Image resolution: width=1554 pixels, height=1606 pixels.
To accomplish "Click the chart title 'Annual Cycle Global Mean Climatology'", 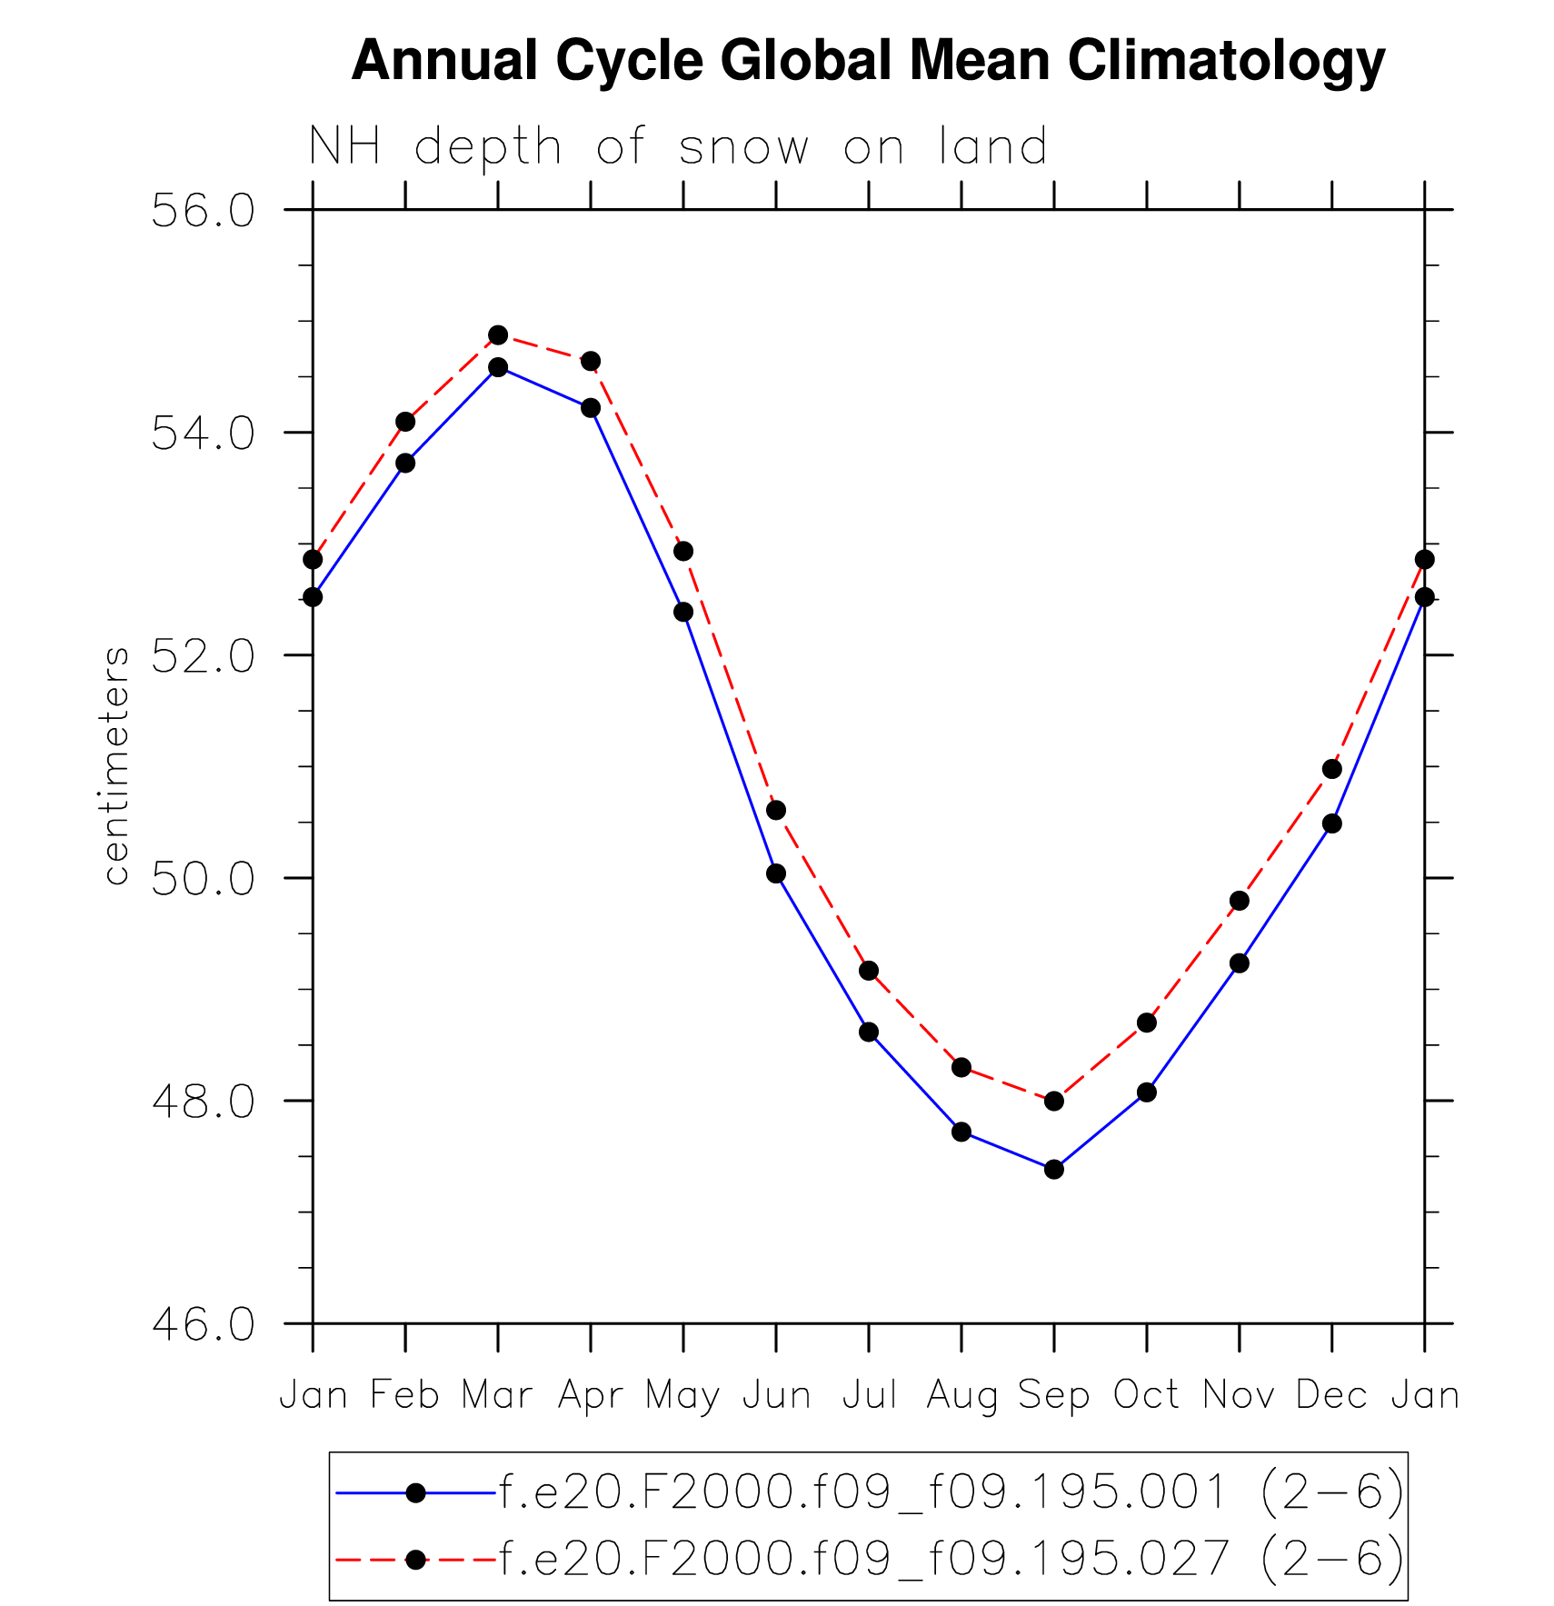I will [868, 62].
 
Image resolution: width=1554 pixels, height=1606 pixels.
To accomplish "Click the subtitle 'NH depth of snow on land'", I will [678, 146].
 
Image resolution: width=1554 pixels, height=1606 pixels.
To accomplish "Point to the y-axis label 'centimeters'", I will [116, 765].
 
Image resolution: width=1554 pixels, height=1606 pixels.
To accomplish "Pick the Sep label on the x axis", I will [1053, 1395].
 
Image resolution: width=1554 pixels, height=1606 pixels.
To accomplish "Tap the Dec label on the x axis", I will [1331, 1395].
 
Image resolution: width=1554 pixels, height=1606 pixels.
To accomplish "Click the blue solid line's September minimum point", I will [1053, 1169].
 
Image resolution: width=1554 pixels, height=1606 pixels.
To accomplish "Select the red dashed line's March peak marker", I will [498, 335].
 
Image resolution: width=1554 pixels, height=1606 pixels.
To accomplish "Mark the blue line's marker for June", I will [776, 873].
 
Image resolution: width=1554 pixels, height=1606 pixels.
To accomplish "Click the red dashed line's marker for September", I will [1053, 1101].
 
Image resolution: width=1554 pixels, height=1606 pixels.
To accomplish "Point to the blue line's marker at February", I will [405, 463].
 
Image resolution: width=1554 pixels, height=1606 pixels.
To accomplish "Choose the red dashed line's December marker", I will [1331, 769].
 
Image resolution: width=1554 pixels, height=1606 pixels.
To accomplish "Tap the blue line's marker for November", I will [1239, 963].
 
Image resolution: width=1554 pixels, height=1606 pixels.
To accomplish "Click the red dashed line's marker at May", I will [683, 551].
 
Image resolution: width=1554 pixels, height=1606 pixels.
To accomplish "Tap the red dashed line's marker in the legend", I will [415, 1559].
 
